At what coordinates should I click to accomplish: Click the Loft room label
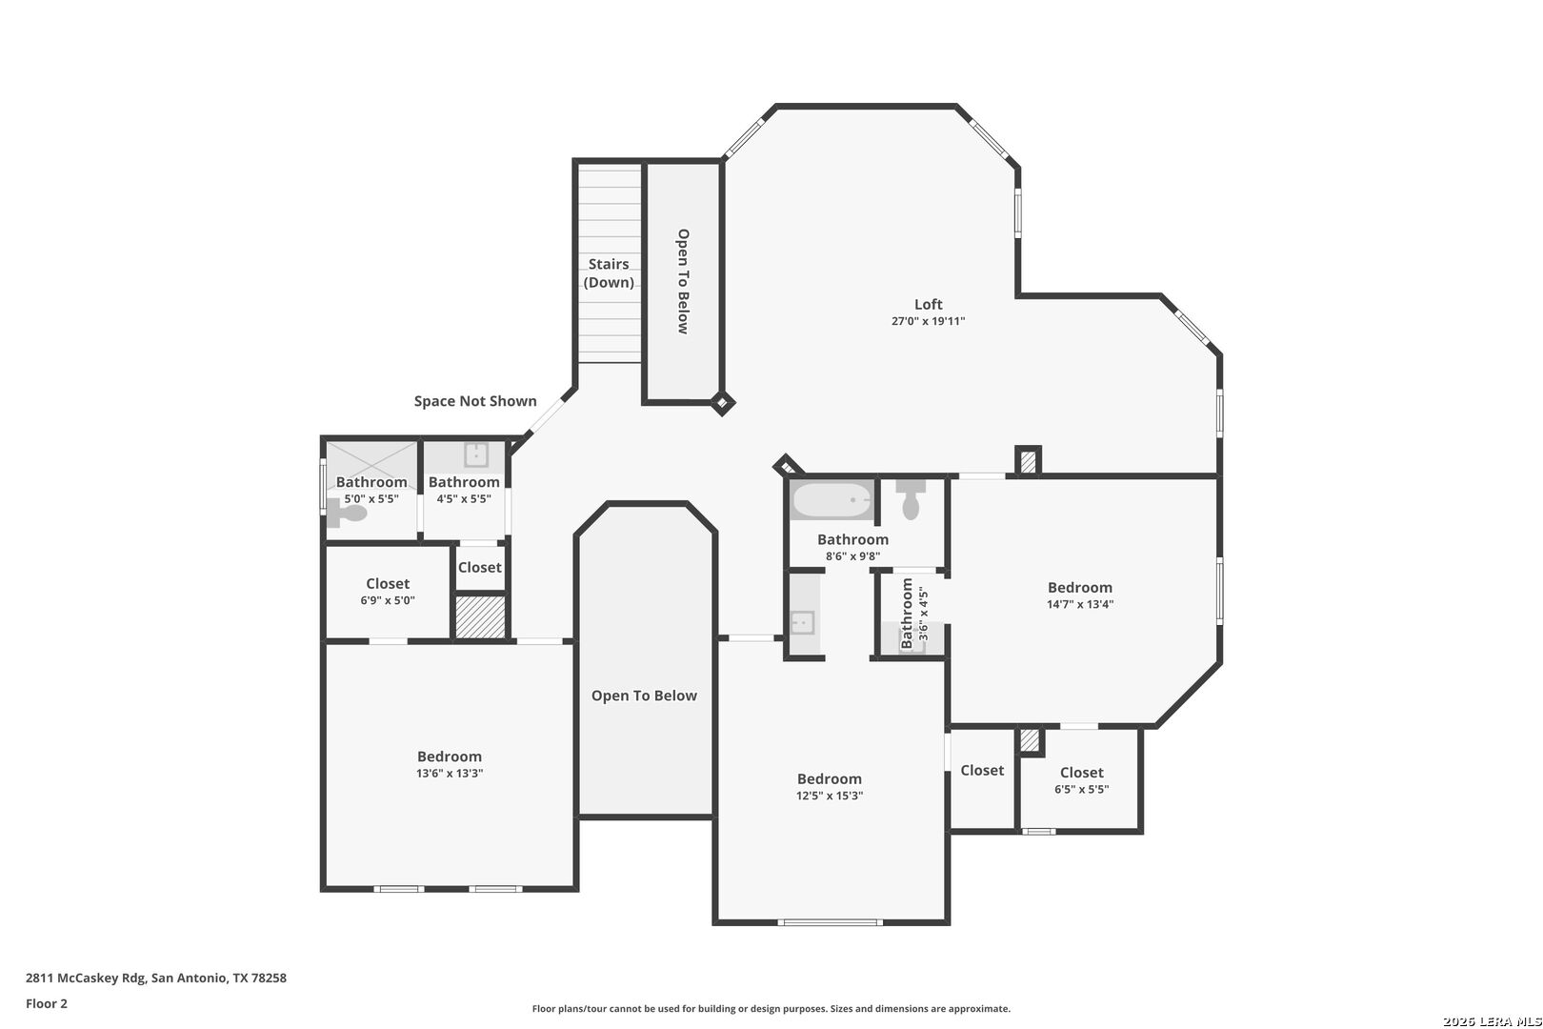click(x=928, y=305)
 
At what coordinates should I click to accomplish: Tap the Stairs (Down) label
click(x=609, y=273)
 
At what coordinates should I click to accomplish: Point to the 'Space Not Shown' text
click(x=475, y=401)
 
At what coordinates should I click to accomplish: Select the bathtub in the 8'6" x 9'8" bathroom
click(x=832, y=499)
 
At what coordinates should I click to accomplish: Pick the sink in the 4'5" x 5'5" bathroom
click(x=476, y=454)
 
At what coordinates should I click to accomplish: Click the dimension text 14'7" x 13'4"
click(x=1080, y=604)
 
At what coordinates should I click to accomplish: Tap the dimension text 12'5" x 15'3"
click(x=830, y=796)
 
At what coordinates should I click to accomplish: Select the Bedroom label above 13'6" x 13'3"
click(x=450, y=757)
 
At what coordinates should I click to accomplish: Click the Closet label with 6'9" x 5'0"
click(x=388, y=584)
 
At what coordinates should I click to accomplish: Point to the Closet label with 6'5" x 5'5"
click(x=1081, y=773)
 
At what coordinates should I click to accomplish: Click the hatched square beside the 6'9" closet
click(x=480, y=617)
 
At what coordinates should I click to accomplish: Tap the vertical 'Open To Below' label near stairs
click(x=683, y=281)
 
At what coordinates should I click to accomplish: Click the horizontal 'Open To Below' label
click(x=644, y=696)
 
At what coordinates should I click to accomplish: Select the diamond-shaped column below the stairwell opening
click(x=723, y=403)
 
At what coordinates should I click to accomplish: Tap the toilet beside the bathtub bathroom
click(x=911, y=499)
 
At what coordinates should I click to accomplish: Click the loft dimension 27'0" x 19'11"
click(x=928, y=322)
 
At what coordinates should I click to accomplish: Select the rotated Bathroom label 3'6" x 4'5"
click(x=908, y=614)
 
